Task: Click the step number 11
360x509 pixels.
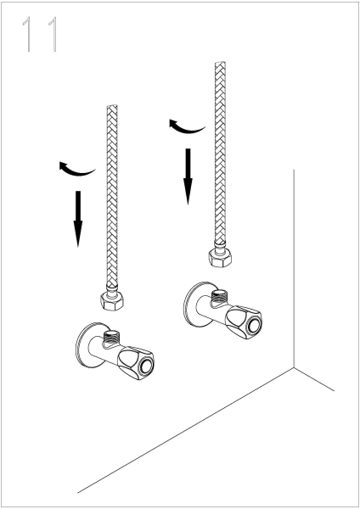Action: (41, 34)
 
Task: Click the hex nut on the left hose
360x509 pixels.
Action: (112, 301)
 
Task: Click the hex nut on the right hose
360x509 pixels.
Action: (220, 258)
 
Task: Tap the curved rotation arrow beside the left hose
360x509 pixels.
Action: (76, 169)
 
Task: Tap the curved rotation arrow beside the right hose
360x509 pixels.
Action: (187, 126)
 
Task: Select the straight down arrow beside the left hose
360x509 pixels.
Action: (78, 219)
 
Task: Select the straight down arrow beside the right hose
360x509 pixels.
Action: (188, 176)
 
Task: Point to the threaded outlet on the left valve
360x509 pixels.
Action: (110, 338)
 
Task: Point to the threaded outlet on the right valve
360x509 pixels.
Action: (219, 296)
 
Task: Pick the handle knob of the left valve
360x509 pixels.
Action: (136, 363)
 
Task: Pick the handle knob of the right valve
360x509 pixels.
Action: (244, 322)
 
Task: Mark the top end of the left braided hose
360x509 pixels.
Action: (112, 106)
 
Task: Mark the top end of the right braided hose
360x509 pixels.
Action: (220, 63)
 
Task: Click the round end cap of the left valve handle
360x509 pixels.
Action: (145, 366)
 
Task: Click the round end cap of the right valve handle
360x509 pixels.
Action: (254, 325)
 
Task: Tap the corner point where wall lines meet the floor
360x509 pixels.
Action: (294, 367)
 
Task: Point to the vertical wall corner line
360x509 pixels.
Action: (294, 268)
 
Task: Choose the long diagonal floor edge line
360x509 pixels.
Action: (186, 430)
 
